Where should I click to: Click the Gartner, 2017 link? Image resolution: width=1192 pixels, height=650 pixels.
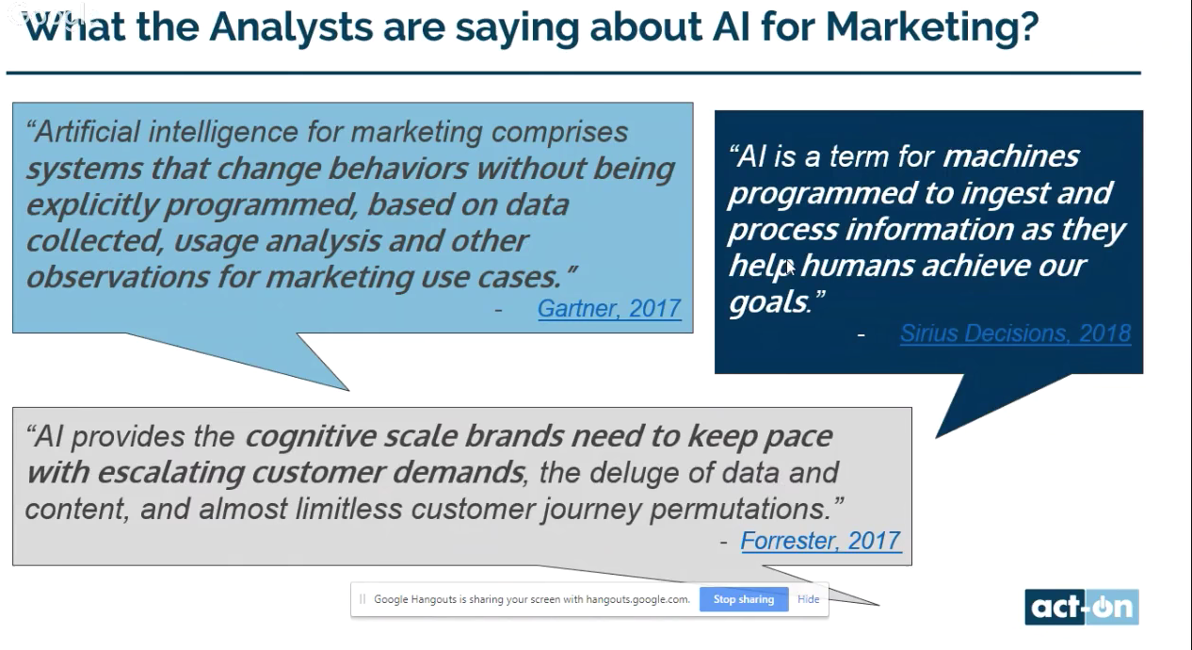click(609, 308)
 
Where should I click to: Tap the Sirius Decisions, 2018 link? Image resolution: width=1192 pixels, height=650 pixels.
click(1015, 333)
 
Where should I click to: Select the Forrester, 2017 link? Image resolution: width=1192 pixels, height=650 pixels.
click(821, 541)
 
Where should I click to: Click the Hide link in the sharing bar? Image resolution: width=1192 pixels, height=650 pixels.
click(809, 599)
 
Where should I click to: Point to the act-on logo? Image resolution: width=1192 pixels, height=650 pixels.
click(1082, 607)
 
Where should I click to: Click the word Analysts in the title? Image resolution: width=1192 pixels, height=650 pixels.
click(292, 26)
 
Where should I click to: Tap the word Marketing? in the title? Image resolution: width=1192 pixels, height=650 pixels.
click(932, 26)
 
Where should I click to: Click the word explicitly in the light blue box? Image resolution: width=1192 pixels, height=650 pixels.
click(92, 205)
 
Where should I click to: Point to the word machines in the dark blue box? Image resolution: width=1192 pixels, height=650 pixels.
click(1010, 156)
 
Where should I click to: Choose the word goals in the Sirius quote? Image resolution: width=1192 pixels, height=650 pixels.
click(768, 302)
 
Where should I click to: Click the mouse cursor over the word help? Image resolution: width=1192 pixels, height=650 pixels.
click(789, 268)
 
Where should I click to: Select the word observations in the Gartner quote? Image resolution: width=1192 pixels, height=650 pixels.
click(118, 277)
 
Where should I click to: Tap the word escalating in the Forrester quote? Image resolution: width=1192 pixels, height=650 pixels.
click(170, 473)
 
